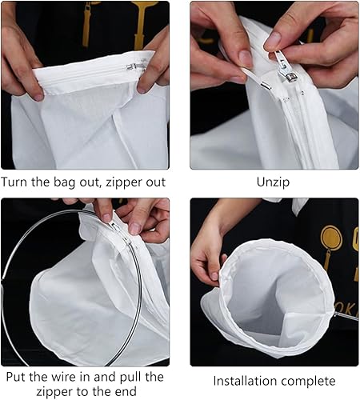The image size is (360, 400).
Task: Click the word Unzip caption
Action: (273, 182)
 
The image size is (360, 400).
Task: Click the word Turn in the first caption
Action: (14, 182)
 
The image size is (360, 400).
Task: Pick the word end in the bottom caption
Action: (126, 392)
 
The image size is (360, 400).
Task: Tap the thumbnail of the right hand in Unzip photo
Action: (273, 39)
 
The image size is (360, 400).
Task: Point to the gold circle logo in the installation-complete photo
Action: (331, 238)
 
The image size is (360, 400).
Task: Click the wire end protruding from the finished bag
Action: (346, 317)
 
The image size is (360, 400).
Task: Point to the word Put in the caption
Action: (16, 377)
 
